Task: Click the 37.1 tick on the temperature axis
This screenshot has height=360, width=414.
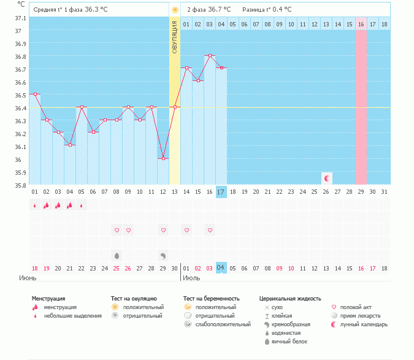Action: (x=20, y=18)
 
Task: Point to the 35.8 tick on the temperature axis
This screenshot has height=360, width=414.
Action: (x=20, y=185)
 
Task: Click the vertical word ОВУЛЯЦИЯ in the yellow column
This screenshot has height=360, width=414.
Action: (x=175, y=36)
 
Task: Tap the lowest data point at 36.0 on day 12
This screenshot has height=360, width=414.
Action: (x=163, y=158)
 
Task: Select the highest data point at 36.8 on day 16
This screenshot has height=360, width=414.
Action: (x=210, y=55)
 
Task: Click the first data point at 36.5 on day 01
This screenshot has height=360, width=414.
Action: (x=35, y=94)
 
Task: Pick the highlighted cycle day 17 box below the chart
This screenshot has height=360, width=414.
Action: (x=221, y=192)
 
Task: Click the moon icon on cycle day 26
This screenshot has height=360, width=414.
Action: (x=327, y=178)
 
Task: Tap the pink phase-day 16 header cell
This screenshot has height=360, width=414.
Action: (x=361, y=24)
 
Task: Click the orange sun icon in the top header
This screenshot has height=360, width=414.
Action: (x=175, y=10)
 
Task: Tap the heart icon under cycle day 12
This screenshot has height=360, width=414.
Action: (x=163, y=231)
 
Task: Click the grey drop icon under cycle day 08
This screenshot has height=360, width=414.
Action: (x=117, y=255)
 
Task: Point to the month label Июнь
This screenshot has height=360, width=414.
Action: (x=28, y=278)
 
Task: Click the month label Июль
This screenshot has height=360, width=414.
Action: (x=191, y=278)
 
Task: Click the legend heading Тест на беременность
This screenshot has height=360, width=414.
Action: (x=211, y=299)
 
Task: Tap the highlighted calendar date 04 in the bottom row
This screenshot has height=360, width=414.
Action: (x=221, y=268)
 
